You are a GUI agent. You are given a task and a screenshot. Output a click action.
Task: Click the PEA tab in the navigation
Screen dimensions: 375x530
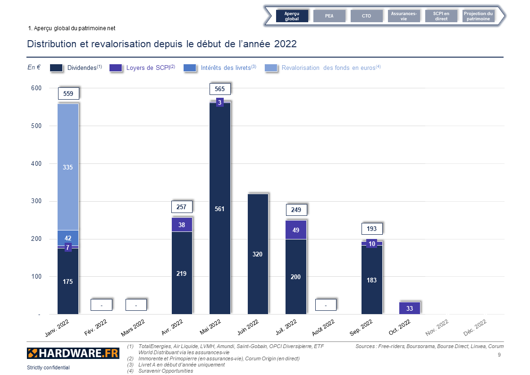coord(329,16)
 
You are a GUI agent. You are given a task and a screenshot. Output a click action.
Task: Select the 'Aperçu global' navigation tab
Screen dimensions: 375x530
coord(292,16)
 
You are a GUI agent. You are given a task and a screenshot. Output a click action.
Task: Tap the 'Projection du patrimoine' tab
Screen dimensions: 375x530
coord(478,16)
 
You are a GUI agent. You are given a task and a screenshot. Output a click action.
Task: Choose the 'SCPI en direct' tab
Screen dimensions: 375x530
coord(441,16)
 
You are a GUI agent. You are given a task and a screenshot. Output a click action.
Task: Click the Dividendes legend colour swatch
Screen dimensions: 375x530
coord(56,68)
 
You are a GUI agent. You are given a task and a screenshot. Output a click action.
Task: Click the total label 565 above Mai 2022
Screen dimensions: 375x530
coord(219,89)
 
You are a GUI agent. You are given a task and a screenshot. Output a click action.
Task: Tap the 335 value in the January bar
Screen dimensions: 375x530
coord(68,167)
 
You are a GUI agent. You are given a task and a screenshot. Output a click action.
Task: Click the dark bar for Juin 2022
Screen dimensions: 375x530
coord(258,254)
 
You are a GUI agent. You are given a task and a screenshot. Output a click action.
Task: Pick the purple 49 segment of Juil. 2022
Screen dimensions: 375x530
coord(296,230)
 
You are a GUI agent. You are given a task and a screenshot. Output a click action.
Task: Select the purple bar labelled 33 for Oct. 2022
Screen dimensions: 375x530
coord(410,308)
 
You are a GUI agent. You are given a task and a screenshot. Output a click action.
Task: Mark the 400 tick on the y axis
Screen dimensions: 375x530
coord(36,163)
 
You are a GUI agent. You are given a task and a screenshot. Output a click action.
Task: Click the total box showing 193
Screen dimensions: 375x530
coord(371,229)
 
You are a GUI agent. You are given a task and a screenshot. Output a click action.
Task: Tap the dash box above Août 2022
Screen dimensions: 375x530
coord(326,305)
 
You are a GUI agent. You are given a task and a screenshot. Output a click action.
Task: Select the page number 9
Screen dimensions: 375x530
coord(499,354)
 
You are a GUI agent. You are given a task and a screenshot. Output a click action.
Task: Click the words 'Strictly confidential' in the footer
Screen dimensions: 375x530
coord(48,367)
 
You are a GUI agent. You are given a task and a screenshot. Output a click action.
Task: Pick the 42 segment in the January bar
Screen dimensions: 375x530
coord(68,238)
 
